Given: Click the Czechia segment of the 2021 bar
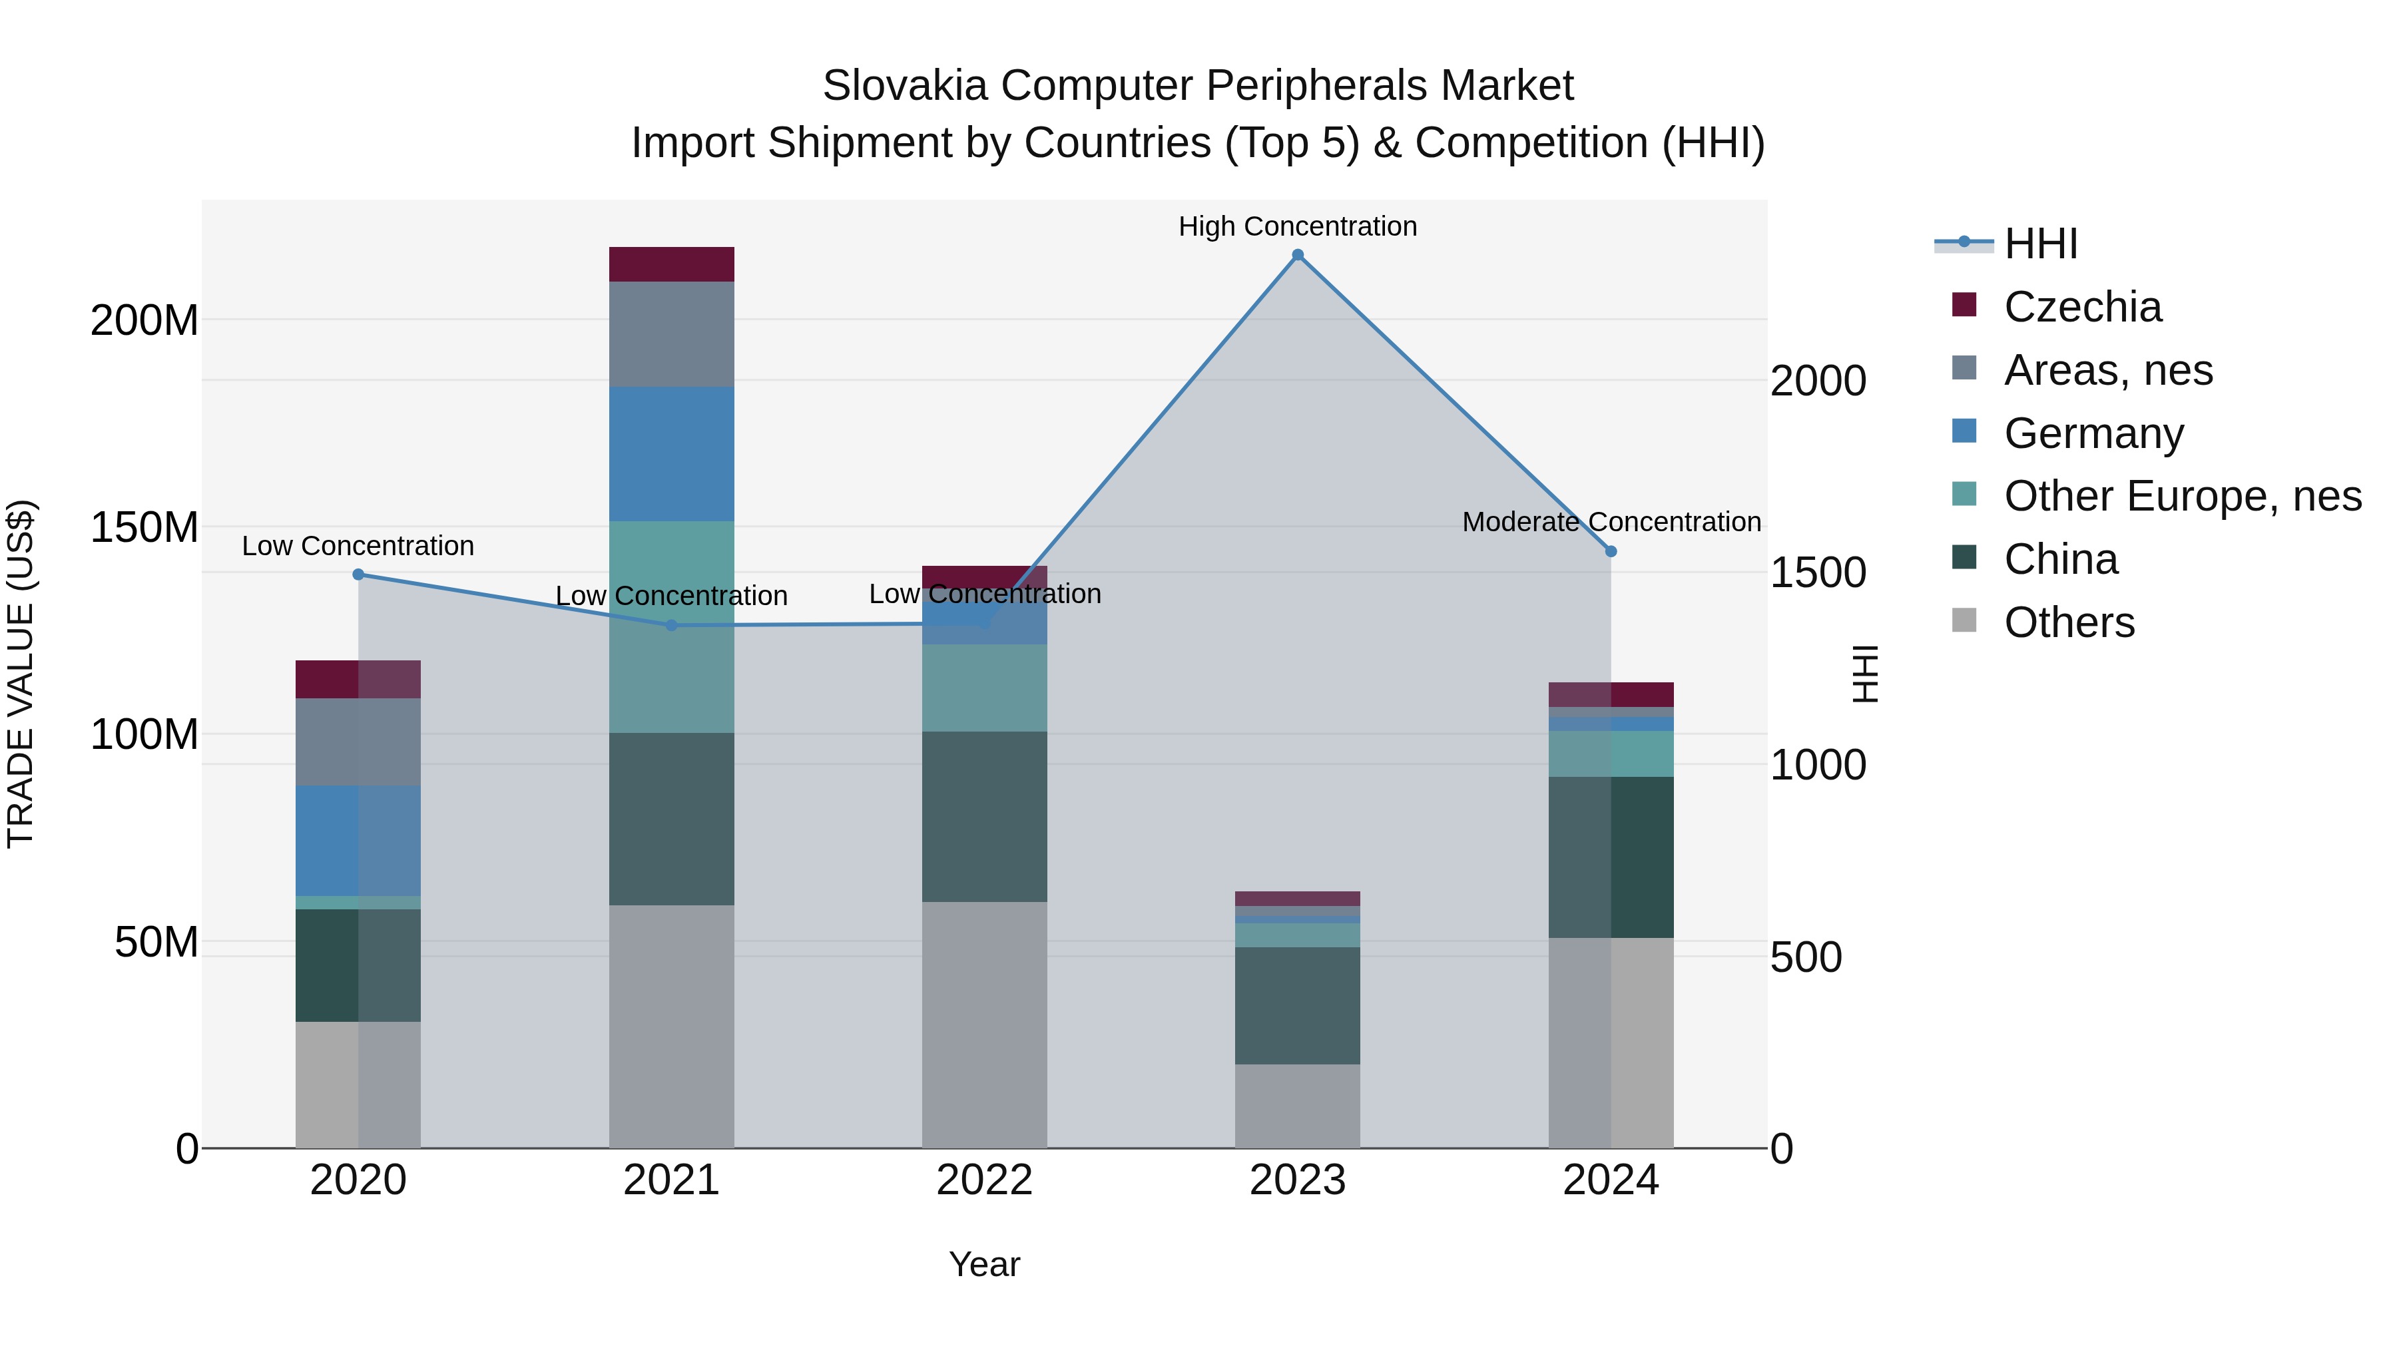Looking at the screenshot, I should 671,264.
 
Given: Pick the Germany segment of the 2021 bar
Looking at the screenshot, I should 671,453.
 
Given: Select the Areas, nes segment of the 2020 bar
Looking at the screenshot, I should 358,742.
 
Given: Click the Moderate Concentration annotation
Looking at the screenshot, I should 1611,522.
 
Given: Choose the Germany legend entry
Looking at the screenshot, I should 2093,433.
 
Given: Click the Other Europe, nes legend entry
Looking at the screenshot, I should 2182,496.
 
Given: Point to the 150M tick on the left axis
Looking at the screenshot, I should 144,527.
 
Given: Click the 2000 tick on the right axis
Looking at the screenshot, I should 1817,381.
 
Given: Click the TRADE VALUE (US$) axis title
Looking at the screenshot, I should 21,674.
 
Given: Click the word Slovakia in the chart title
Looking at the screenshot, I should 904,86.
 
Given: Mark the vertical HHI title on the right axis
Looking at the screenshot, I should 1865,674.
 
